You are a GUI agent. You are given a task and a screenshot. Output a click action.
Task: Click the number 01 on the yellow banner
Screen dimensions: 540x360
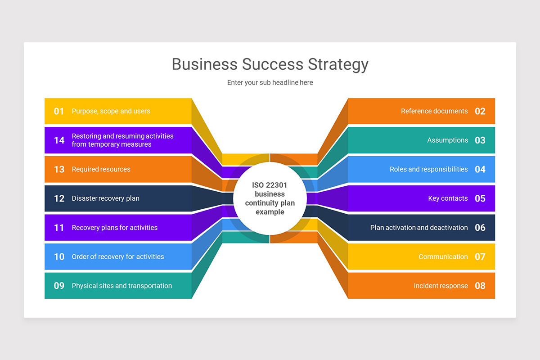59,111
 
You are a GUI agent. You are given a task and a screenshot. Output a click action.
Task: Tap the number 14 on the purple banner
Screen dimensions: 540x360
59,140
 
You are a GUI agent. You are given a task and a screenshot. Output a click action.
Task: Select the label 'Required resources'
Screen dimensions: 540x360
101,169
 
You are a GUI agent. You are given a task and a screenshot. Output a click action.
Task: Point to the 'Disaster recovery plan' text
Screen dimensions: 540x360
106,198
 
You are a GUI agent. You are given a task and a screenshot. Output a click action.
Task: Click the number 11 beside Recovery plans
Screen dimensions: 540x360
59,228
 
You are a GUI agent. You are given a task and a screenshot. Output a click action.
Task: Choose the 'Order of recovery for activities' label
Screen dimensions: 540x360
118,256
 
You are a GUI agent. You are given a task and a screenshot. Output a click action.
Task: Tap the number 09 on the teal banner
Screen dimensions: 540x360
59,286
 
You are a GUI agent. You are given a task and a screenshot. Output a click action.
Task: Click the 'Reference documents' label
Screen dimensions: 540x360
434,111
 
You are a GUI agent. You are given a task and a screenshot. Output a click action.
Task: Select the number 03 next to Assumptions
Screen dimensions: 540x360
480,140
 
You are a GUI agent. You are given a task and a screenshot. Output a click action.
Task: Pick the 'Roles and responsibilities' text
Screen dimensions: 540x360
428,169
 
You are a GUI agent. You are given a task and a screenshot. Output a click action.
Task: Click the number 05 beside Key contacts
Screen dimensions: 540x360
480,198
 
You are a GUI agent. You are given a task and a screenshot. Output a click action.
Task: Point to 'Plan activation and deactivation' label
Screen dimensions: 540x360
419,228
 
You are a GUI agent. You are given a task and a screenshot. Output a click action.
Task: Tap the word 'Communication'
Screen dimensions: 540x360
443,256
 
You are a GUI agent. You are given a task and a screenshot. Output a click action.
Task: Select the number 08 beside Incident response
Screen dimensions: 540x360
480,286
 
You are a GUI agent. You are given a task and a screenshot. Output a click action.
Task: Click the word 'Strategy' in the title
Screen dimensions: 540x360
338,65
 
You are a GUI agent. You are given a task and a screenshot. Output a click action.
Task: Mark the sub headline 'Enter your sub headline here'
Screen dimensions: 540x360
270,82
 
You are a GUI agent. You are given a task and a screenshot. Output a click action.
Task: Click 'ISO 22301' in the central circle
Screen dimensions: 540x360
270,185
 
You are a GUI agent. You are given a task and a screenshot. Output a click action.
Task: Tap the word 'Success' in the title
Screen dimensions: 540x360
272,64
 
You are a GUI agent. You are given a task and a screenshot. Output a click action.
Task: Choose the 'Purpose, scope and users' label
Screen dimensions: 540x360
111,111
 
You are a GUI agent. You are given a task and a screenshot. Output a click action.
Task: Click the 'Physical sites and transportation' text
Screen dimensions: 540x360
122,286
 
